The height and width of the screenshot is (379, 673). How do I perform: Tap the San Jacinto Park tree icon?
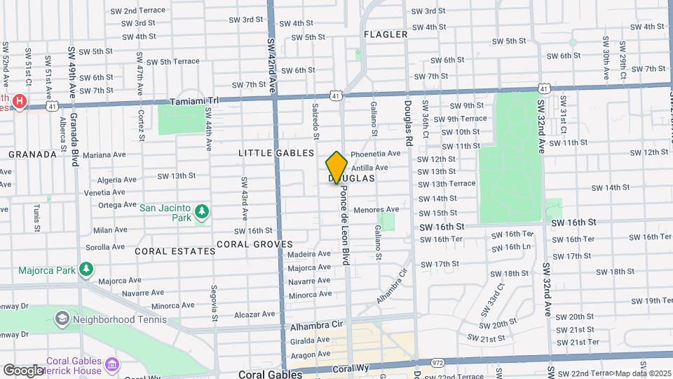(202, 211)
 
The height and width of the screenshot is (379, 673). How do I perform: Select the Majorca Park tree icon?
(86, 270)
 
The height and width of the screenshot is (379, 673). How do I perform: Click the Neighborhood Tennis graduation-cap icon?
(62, 319)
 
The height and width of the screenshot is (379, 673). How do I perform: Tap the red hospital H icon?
(20, 102)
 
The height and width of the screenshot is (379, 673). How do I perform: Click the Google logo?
(22, 370)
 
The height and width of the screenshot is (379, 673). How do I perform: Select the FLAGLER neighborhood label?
(386, 34)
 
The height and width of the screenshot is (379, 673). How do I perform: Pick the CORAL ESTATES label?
(175, 251)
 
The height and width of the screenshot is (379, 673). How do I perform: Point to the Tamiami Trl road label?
(199, 101)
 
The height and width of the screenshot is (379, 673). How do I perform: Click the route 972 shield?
(438, 363)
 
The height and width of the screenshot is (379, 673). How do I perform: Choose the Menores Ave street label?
(376, 209)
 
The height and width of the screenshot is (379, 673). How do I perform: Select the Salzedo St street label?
(317, 119)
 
